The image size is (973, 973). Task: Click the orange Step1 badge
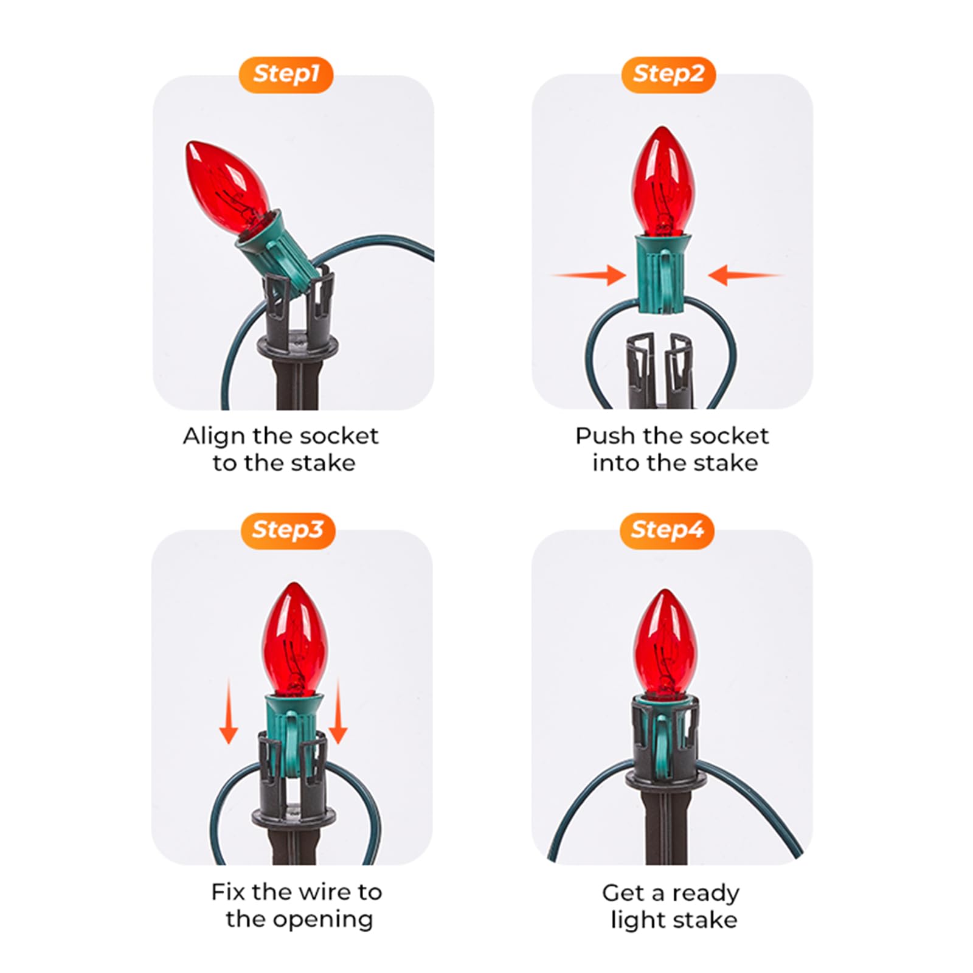pyautogui.click(x=286, y=75)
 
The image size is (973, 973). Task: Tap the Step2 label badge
pyautogui.click(x=668, y=75)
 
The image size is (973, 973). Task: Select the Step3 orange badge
pyautogui.click(x=288, y=530)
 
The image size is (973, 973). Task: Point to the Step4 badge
pyautogui.click(x=667, y=530)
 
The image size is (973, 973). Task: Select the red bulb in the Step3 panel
pyautogui.click(x=294, y=639)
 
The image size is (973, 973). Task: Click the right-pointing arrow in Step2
pyautogui.click(x=589, y=275)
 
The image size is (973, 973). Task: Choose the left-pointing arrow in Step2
pyautogui.click(x=746, y=275)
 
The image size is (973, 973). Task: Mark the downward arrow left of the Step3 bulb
pyautogui.click(x=229, y=711)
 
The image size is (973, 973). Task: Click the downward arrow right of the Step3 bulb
pyautogui.click(x=338, y=711)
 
